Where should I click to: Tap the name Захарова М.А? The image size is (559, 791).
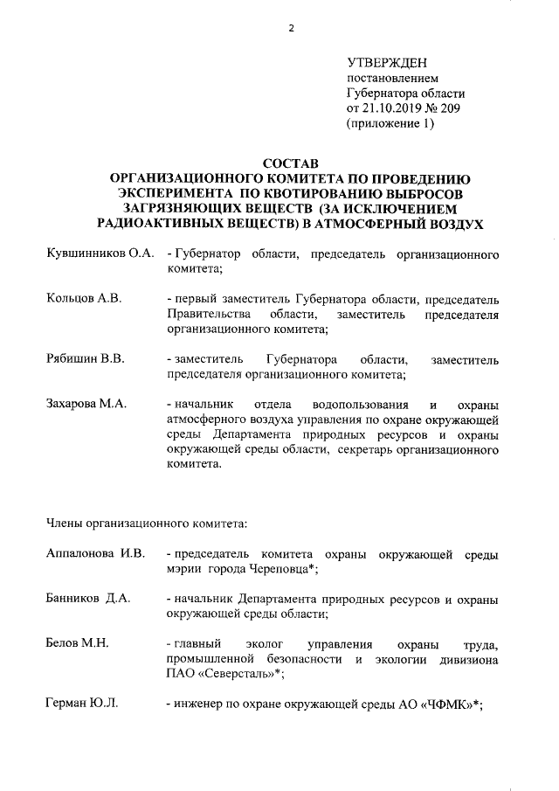[x=86, y=403]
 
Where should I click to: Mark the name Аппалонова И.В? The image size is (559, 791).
[x=95, y=555]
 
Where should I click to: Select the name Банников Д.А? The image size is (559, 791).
[x=87, y=599]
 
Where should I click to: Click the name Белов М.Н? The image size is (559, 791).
[x=76, y=643]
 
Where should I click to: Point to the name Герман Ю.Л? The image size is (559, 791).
[x=81, y=703]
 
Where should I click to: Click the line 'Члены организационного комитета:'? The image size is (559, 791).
[x=147, y=524]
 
